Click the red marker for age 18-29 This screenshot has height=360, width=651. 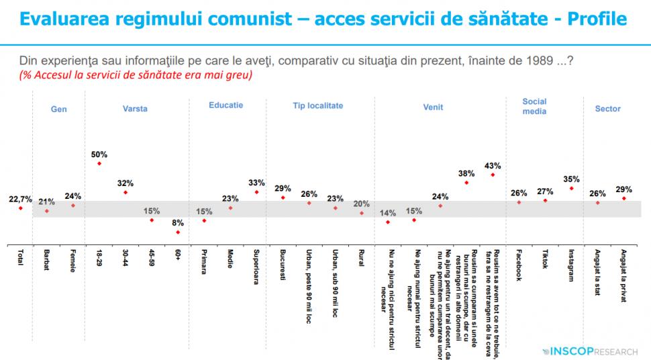pyautogui.click(x=99, y=163)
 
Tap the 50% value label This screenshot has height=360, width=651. pyautogui.click(x=99, y=154)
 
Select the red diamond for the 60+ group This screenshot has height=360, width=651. pyautogui.click(x=178, y=232)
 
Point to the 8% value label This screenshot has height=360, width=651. pyautogui.click(x=178, y=223)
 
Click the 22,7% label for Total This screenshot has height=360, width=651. pyautogui.click(x=20, y=199)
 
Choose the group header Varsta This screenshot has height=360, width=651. pyautogui.click(x=135, y=109)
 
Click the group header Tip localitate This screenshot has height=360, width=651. pyautogui.click(x=317, y=106)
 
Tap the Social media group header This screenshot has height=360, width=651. pyautogui.click(x=534, y=106)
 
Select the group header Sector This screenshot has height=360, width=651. pyautogui.click(x=607, y=109)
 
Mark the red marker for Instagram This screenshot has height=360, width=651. pyautogui.click(x=571, y=189)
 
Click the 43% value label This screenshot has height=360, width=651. pyautogui.click(x=493, y=165)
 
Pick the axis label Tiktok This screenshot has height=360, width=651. pyautogui.click(x=545, y=261)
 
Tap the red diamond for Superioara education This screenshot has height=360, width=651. pyautogui.click(x=256, y=192)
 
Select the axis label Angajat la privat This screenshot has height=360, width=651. pyautogui.click(x=623, y=276)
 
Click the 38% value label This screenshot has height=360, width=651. pyautogui.click(x=466, y=173)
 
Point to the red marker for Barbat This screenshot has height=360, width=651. pyautogui.click(x=46, y=211)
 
